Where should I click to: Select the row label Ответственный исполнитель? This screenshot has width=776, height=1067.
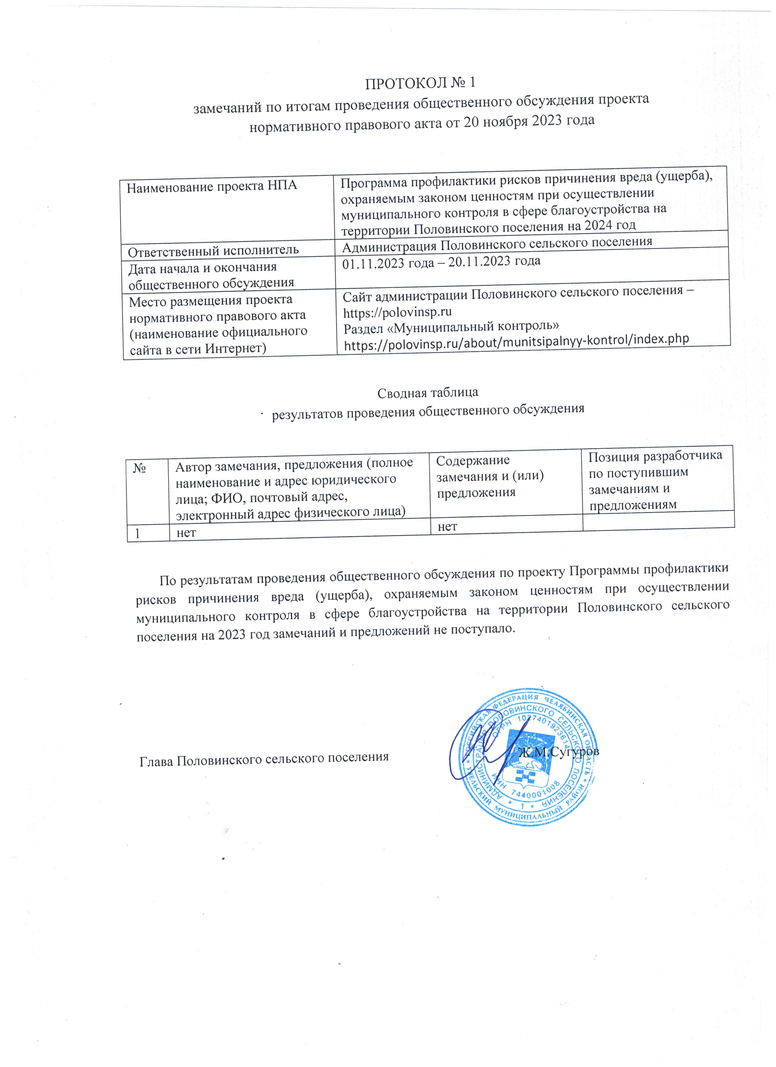(214, 249)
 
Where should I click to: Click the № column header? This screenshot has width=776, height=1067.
(139, 469)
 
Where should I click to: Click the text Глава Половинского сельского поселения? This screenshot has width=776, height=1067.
(264, 757)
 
